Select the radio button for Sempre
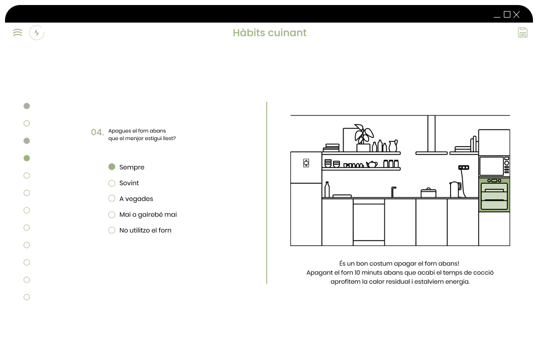click(112, 167)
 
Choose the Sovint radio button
click(112, 183)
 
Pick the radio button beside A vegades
click(112, 198)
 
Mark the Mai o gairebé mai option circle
click(112, 214)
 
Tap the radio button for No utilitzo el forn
click(112, 230)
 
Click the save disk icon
click(522, 33)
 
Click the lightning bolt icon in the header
click(37, 33)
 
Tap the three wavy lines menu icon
click(18, 33)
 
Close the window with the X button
click(516, 15)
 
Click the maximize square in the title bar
click(507, 15)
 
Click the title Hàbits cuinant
click(270, 33)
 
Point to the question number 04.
click(97, 133)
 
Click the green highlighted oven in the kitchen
click(494, 195)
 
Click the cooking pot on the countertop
click(428, 193)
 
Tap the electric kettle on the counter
click(456, 190)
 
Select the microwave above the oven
click(494, 166)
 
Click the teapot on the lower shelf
click(372, 164)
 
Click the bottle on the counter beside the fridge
click(327, 190)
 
